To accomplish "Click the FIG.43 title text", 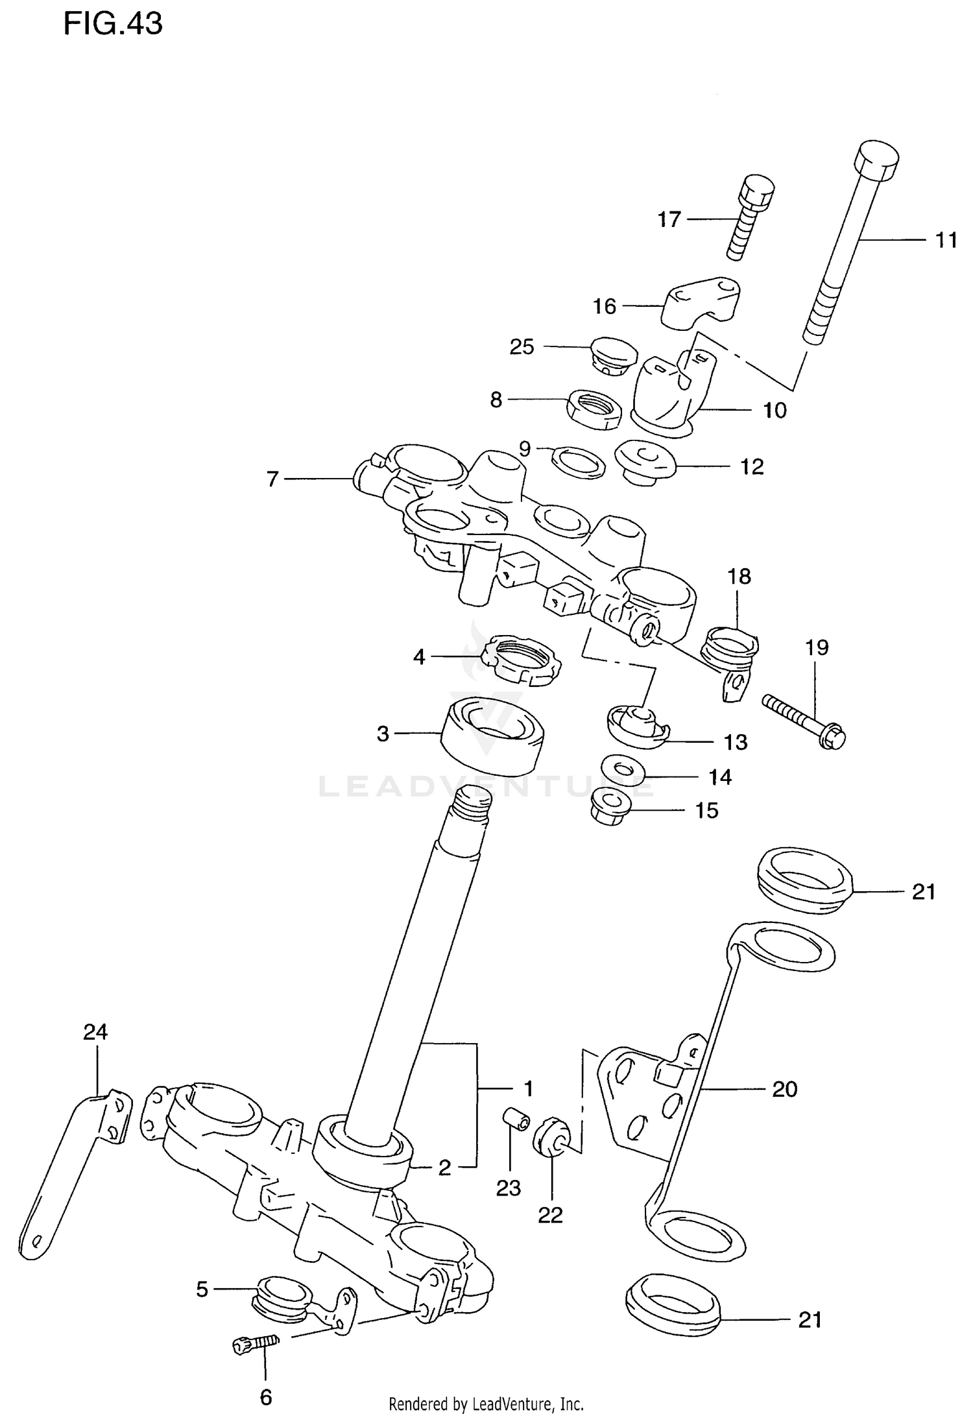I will pyautogui.click(x=113, y=24).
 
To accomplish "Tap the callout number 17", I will pyautogui.click(x=669, y=220).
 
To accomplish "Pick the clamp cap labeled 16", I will pyautogui.click(x=701, y=301).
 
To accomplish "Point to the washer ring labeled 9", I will pyautogui.click(x=578, y=462).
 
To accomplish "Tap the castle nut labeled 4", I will pyautogui.click(x=523, y=660).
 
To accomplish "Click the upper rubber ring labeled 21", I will pyautogui.click(x=804, y=881).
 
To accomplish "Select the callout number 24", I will pyautogui.click(x=95, y=1031).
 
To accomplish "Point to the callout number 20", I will pyautogui.click(x=784, y=1089).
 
